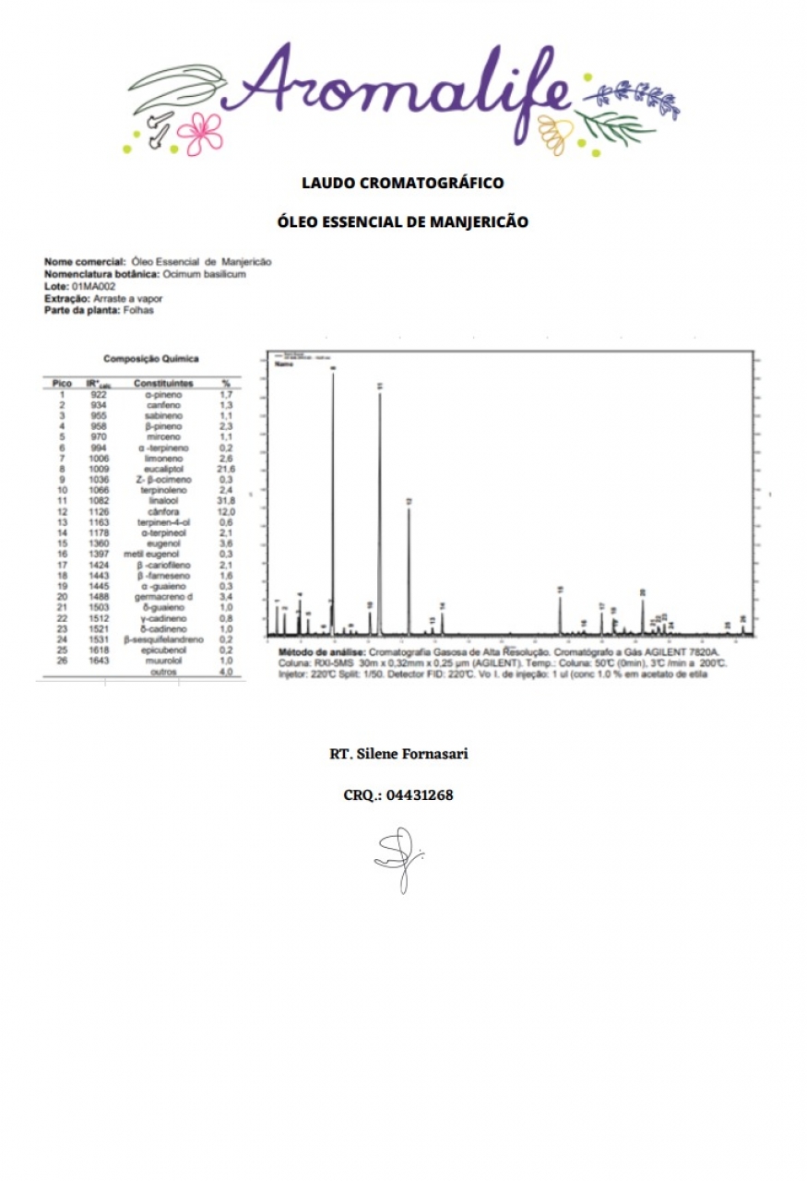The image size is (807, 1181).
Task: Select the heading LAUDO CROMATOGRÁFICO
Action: tap(403, 183)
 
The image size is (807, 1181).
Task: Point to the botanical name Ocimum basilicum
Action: tap(204, 274)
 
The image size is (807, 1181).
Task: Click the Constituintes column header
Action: tap(163, 383)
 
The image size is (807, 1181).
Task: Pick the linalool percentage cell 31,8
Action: tap(225, 500)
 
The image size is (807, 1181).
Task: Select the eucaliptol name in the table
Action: tap(164, 469)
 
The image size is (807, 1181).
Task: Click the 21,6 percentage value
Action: tap(225, 469)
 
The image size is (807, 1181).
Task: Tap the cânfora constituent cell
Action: tap(164, 511)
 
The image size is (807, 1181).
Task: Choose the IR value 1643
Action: tap(99, 661)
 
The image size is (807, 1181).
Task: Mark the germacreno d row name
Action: tap(164, 596)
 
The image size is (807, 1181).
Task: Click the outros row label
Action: tap(163, 672)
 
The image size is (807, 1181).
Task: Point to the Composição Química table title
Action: tap(150, 359)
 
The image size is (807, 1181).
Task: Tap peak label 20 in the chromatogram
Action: tap(642, 593)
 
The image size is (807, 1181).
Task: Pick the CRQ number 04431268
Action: tap(420, 794)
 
